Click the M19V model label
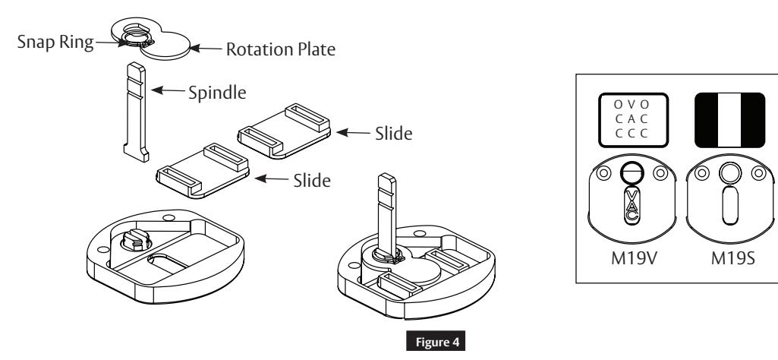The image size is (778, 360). point(632,256)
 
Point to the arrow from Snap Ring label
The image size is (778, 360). point(102,42)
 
